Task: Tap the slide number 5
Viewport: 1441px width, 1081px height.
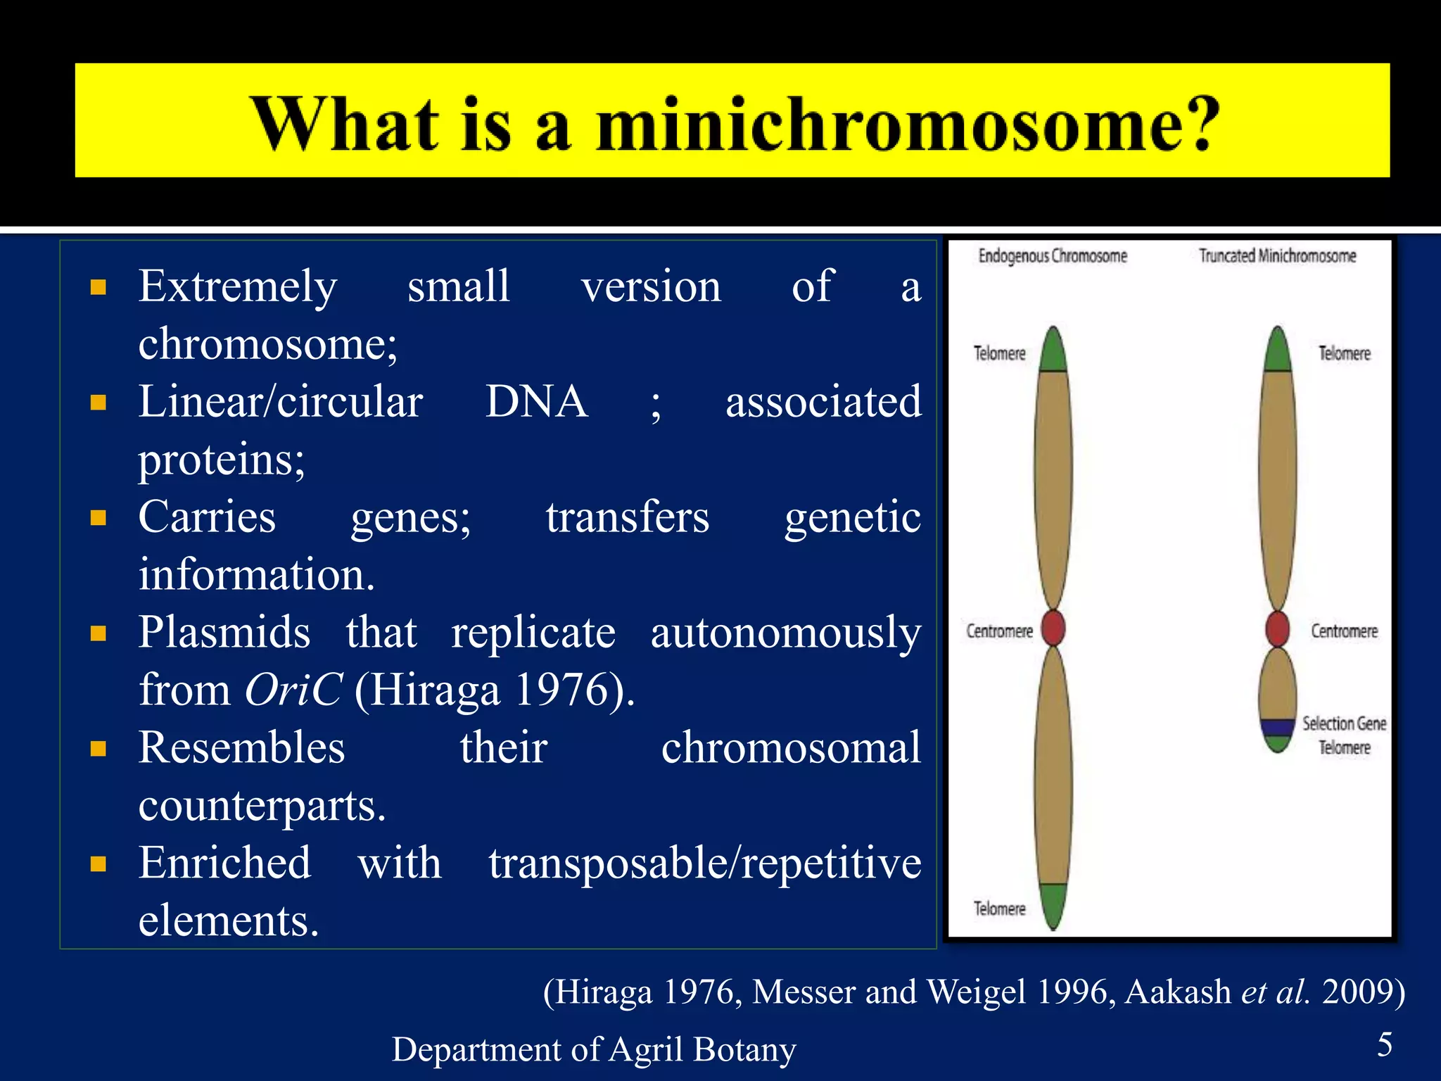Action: [x=1384, y=1044]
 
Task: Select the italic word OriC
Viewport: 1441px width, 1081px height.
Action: [x=293, y=690]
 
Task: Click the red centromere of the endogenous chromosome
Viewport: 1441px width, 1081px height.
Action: [x=1053, y=628]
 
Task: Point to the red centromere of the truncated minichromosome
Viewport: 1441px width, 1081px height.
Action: [x=1277, y=628]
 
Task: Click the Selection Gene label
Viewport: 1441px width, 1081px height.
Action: [x=1343, y=723]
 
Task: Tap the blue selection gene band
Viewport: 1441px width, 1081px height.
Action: [x=1277, y=727]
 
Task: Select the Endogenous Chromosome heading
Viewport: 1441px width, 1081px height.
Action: [x=1053, y=256]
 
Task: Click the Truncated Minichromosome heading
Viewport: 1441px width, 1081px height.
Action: [x=1277, y=256]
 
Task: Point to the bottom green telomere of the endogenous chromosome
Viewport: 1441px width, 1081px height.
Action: [x=1053, y=904]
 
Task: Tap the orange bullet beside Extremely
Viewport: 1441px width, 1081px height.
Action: [x=99, y=287]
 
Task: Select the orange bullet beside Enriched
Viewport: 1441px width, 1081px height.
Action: [x=99, y=864]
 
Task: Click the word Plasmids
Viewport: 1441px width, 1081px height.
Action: [x=224, y=632]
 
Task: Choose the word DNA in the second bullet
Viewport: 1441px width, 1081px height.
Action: [x=536, y=402]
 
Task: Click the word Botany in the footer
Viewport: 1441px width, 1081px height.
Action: [x=744, y=1049]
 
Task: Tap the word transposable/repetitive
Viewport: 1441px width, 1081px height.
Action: [x=704, y=864]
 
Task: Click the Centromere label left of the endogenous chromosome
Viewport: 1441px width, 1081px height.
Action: [x=999, y=631]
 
